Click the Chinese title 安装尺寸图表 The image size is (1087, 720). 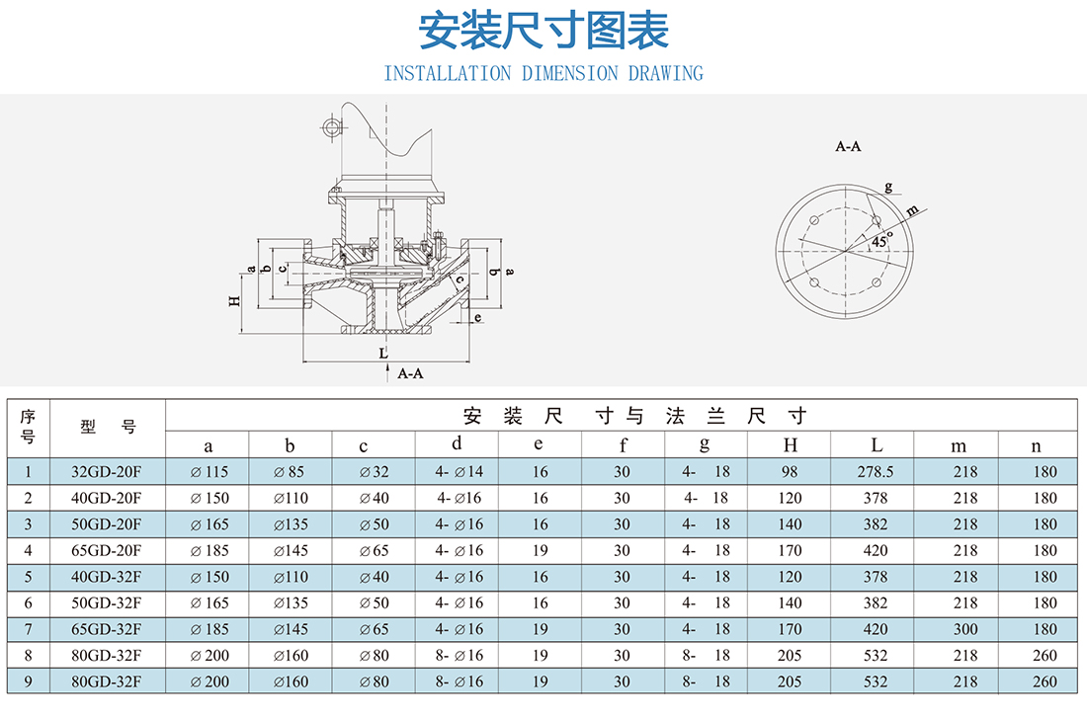point(543,32)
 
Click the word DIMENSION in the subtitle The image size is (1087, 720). point(569,73)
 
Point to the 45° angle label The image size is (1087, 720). point(881,240)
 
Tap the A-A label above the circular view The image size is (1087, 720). point(848,146)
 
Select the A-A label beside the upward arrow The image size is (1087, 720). point(410,373)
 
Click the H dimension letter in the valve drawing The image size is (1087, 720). point(234,301)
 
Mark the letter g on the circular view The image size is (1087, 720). point(888,187)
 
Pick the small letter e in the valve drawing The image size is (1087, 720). point(477,317)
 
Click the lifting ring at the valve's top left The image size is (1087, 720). point(332,127)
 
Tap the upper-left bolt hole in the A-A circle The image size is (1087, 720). point(814,220)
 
